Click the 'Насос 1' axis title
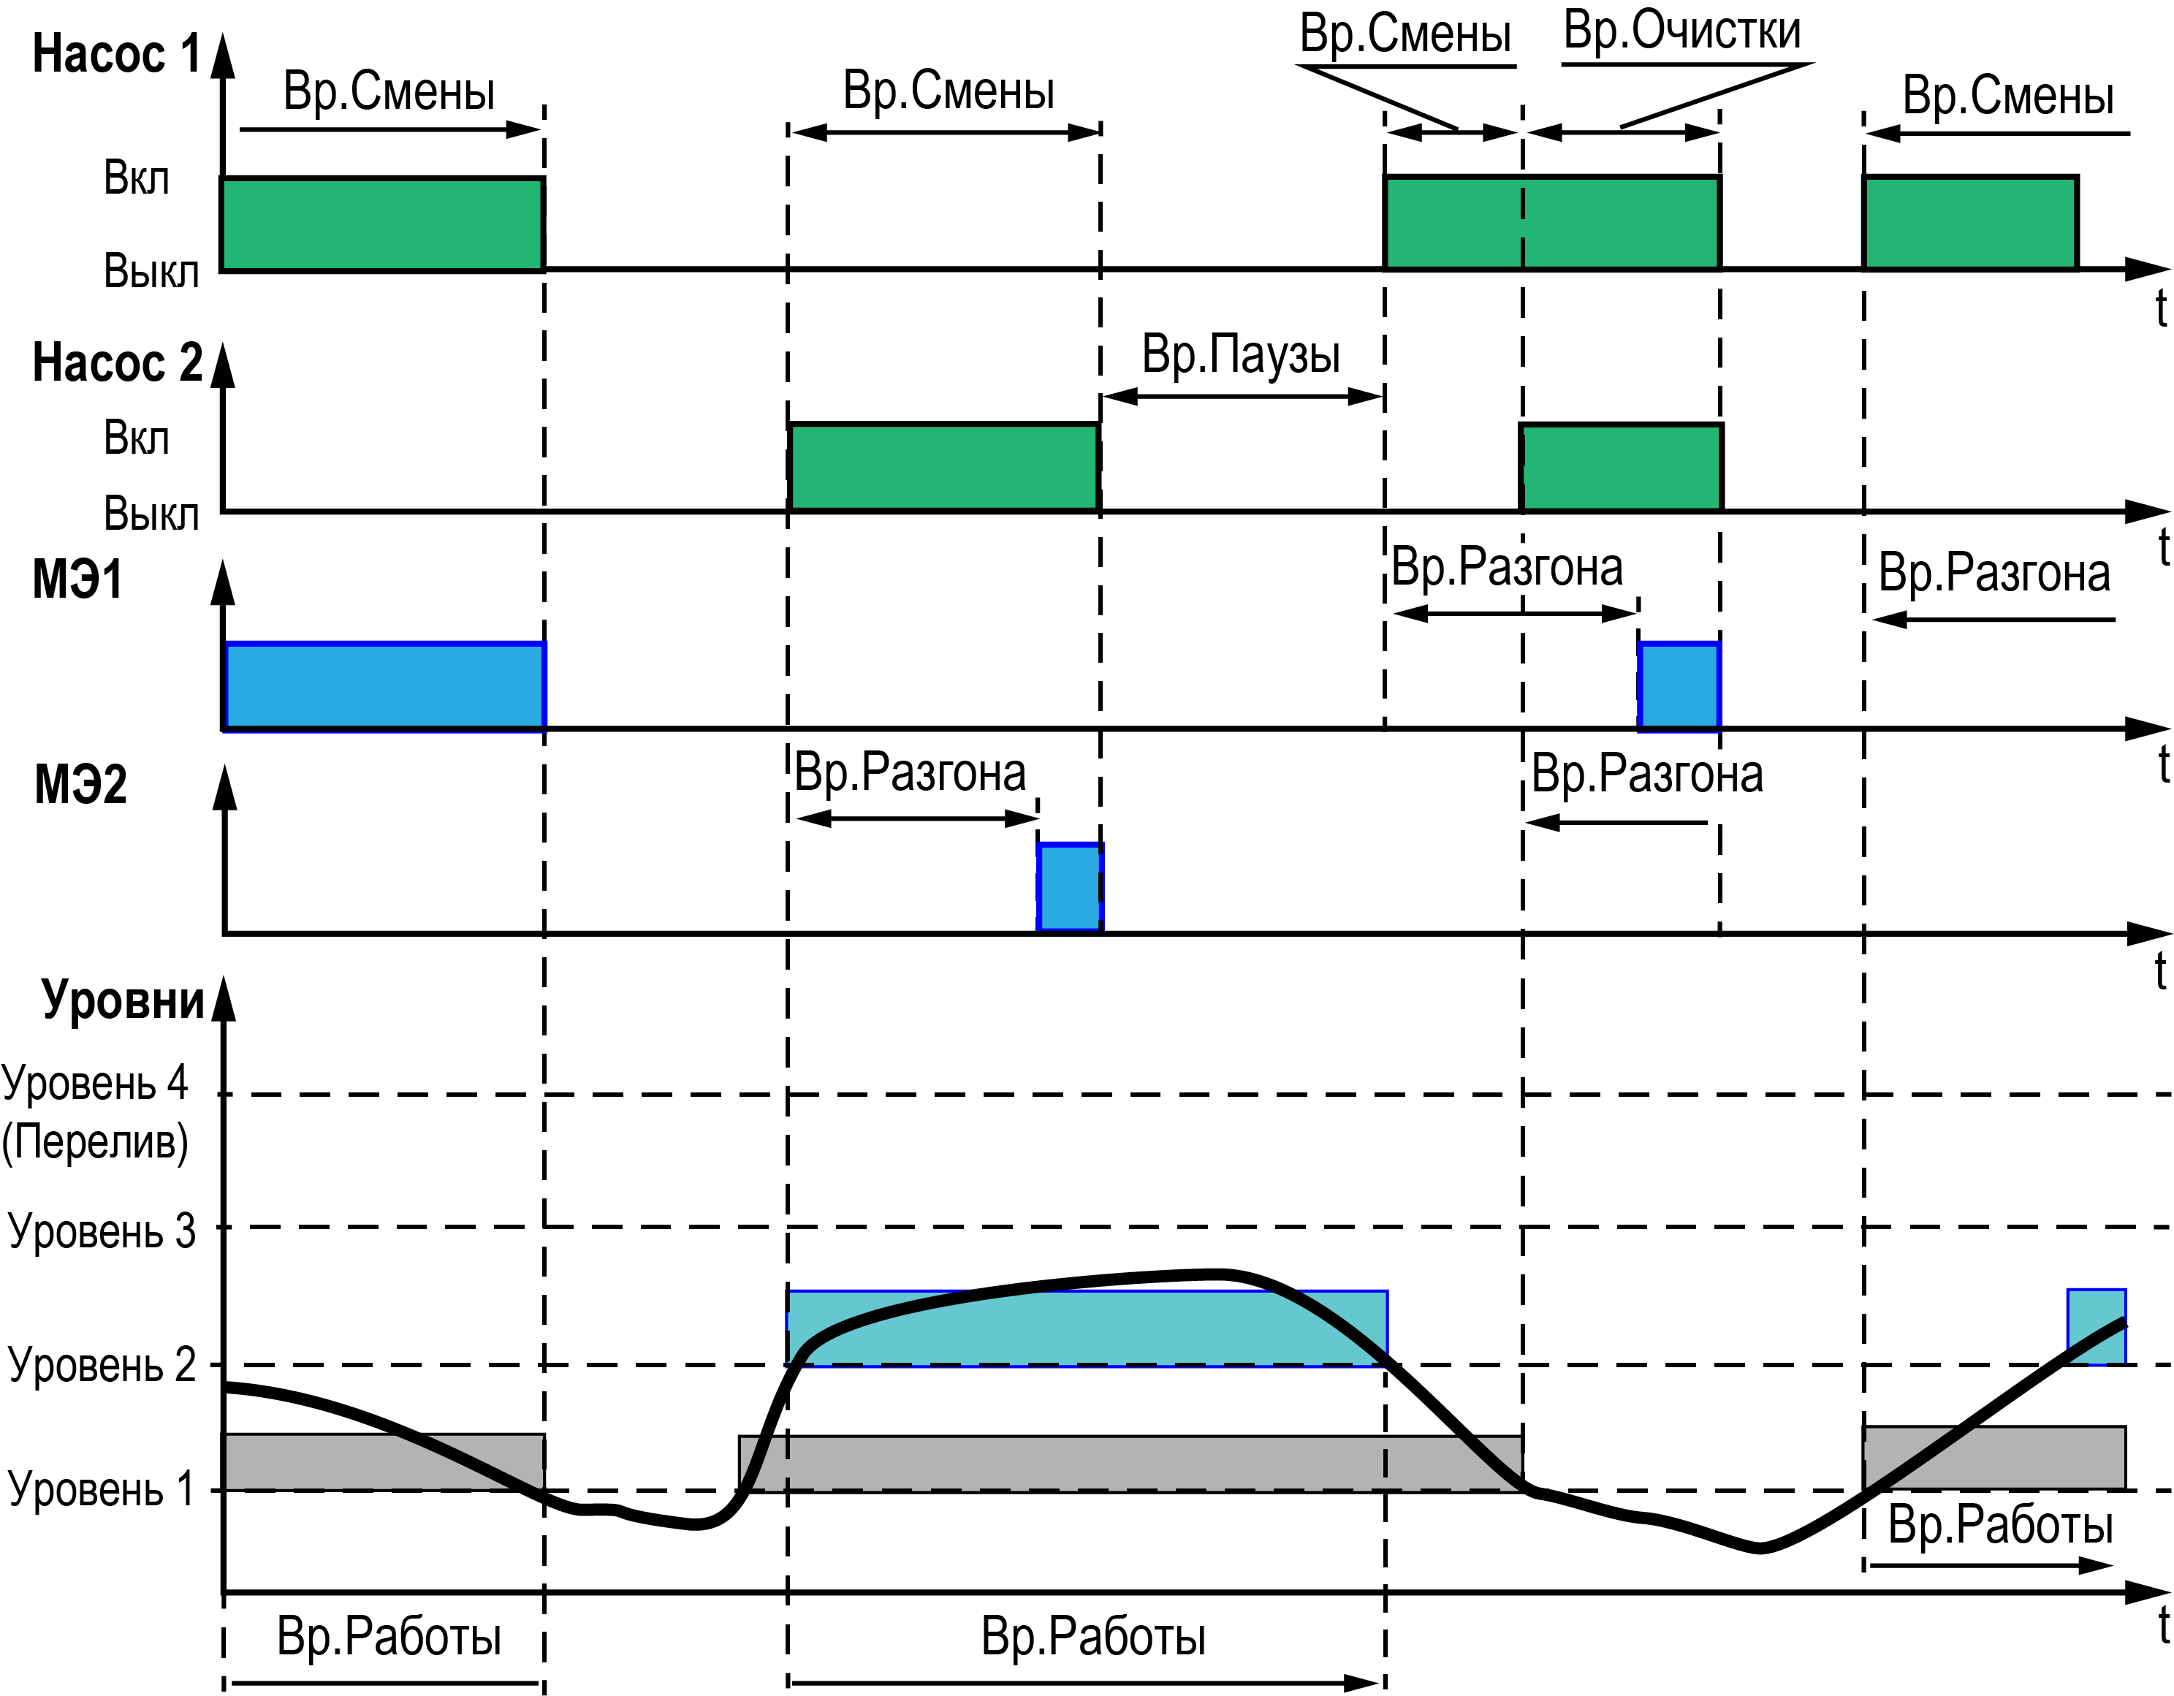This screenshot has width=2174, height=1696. pos(116,54)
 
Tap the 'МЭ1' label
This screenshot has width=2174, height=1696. pos(77,579)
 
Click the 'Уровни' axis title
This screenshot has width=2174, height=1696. pos(123,1000)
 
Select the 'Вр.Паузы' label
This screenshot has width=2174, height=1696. pos(1240,354)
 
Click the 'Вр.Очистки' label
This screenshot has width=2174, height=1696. pos(1682,31)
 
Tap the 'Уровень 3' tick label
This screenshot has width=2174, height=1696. pos(102,1231)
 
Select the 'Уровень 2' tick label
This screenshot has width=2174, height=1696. pos(102,1364)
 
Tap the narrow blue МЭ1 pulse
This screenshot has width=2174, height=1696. pos(1679,685)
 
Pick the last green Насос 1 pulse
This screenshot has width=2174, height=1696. pos(1970,223)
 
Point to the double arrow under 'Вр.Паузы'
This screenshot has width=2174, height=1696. pos(1243,396)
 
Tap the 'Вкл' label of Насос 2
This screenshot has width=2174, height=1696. pos(137,438)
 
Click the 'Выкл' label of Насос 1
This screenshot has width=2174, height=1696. pos(151,270)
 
